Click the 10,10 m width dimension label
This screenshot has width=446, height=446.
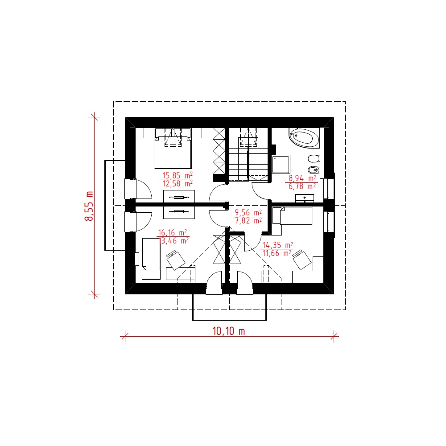(228, 331)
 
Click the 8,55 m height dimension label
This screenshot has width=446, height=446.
(89, 206)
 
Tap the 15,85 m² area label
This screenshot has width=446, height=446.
(177, 175)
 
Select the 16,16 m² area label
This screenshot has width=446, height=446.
(172, 233)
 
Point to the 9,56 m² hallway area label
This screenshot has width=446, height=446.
(248, 212)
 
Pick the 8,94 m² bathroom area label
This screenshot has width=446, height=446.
(302, 178)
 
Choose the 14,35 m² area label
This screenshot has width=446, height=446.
(277, 245)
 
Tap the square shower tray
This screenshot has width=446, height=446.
(281, 165)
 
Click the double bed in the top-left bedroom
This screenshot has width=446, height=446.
(173, 149)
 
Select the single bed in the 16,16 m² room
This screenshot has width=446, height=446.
(151, 258)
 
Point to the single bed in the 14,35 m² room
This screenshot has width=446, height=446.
(293, 216)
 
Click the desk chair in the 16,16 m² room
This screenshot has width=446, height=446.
(175, 260)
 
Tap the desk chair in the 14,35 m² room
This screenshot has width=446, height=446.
(301, 260)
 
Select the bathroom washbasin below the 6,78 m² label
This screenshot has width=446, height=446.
(304, 198)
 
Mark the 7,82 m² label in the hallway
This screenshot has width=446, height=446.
(248, 221)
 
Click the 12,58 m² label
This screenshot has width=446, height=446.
(178, 184)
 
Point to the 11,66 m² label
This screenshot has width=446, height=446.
(277, 253)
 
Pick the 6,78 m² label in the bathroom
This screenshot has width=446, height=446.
(302, 186)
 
